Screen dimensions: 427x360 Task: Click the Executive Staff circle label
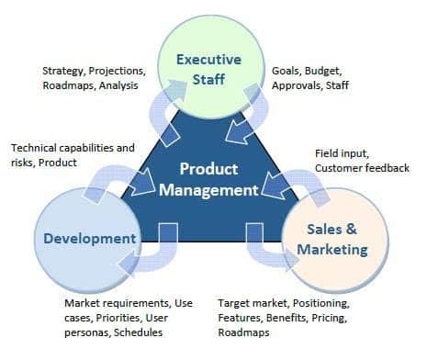pos(208,69)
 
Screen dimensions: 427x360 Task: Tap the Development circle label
pos(90,239)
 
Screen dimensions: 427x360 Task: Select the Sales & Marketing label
pos(332,239)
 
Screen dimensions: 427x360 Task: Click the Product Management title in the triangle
pos(208,179)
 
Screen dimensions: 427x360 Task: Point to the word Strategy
pos(62,71)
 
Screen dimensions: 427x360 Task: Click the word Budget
pos(323,71)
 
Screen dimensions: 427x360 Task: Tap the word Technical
pos(35,148)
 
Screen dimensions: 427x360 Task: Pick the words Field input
pos(342,153)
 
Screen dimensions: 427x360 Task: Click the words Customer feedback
pos(362,168)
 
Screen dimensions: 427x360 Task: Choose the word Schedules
pos(138,332)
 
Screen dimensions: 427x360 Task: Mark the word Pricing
pos(330,318)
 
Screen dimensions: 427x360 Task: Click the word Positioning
pos(321,303)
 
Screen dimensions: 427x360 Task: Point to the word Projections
pos(118,71)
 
